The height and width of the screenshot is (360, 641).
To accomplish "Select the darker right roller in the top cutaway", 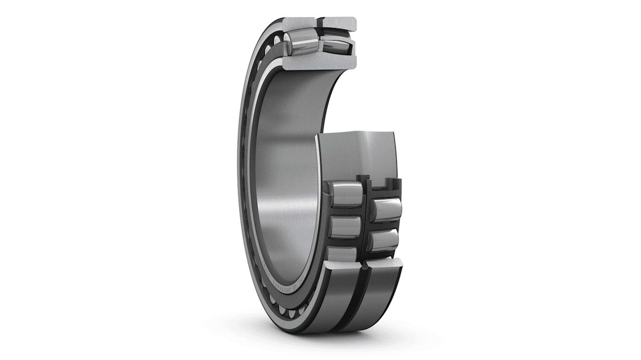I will click(336, 45).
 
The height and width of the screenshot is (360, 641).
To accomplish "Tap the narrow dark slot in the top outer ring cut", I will click(320, 22).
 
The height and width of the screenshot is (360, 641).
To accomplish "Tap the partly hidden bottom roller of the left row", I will click(343, 254).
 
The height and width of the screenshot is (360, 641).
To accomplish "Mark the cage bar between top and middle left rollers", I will click(345, 211).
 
